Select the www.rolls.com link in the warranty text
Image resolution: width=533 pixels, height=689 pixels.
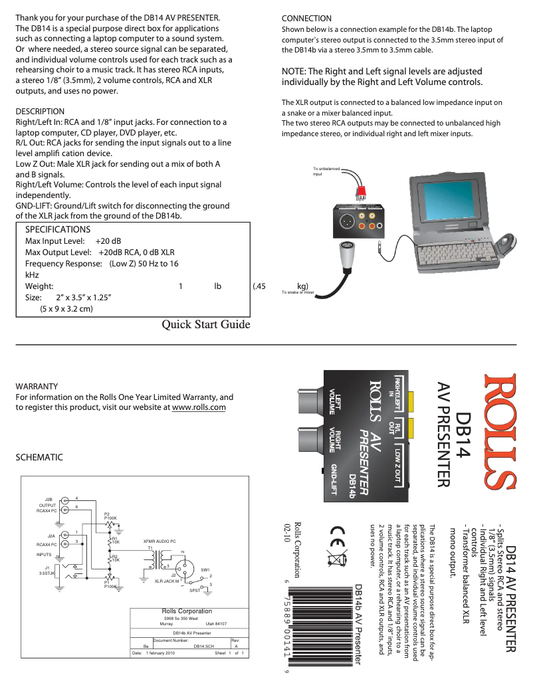pyautogui.click(x=199, y=407)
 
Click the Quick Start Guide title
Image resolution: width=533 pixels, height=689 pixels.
pyautogui.click(x=206, y=325)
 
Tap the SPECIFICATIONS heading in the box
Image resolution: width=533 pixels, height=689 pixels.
pyautogui.click(x=57, y=229)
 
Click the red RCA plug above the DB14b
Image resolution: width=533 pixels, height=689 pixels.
pyautogui.click(x=361, y=192)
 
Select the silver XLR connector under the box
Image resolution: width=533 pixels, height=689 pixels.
pyautogui.click(x=347, y=254)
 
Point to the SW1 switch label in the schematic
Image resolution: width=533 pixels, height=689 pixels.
pyautogui.click(x=205, y=570)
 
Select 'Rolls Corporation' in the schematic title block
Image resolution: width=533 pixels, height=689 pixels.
pyautogui.click(x=187, y=611)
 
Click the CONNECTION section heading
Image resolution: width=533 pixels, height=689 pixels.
pyautogui.click(x=306, y=18)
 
